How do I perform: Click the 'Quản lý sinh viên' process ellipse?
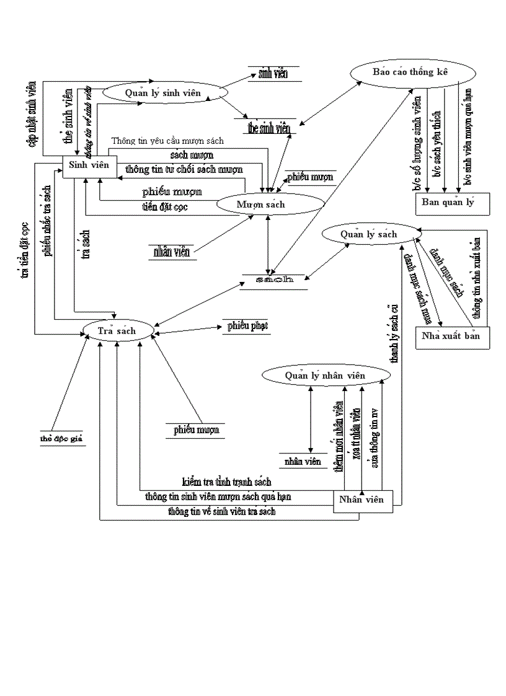coord(164,93)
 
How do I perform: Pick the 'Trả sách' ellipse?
coord(118,330)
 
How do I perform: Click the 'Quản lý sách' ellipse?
coord(368,234)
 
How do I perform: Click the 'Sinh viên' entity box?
coord(89,165)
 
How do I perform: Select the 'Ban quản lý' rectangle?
coord(452,203)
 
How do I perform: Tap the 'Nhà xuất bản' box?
coord(451,337)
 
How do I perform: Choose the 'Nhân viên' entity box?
coord(363,500)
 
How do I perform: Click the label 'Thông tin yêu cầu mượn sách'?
coord(167,141)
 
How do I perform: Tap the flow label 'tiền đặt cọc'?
coord(165,207)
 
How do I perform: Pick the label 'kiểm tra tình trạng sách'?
coord(226,482)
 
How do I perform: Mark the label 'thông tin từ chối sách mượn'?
coord(184,169)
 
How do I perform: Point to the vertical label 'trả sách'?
coord(86,244)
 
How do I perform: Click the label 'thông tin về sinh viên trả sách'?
coord(221,512)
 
